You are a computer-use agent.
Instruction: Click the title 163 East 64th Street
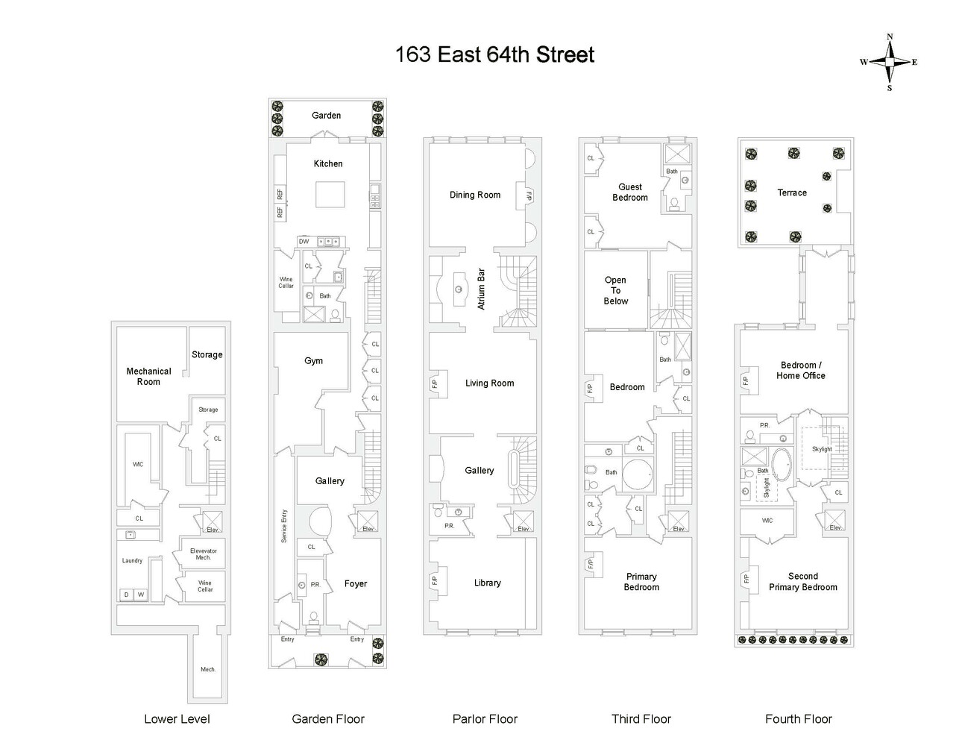(494, 54)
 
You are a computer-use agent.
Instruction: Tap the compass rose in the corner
(890, 62)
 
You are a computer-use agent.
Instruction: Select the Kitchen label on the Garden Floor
(328, 164)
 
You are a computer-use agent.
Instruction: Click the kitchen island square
(330, 195)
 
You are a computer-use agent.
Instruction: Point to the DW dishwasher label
(304, 242)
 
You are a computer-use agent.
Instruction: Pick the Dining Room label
(475, 195)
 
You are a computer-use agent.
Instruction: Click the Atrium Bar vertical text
(481, 289)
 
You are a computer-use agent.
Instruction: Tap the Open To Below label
(615, 290)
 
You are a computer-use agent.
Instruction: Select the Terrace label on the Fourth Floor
(792, 192)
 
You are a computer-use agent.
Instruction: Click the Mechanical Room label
(148, 377)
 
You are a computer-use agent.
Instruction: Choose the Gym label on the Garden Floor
(313, 361)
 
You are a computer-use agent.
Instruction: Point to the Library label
(487, 583)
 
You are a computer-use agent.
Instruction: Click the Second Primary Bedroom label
(803, 582)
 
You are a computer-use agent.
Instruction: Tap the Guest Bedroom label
(629, 192)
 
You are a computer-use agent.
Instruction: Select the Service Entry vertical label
(284, 526)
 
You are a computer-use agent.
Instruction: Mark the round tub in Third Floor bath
(638, 474)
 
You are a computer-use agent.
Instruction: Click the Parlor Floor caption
(485, 719)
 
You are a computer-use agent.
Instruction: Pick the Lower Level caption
(177, 719)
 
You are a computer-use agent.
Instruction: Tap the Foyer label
(356, 584)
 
